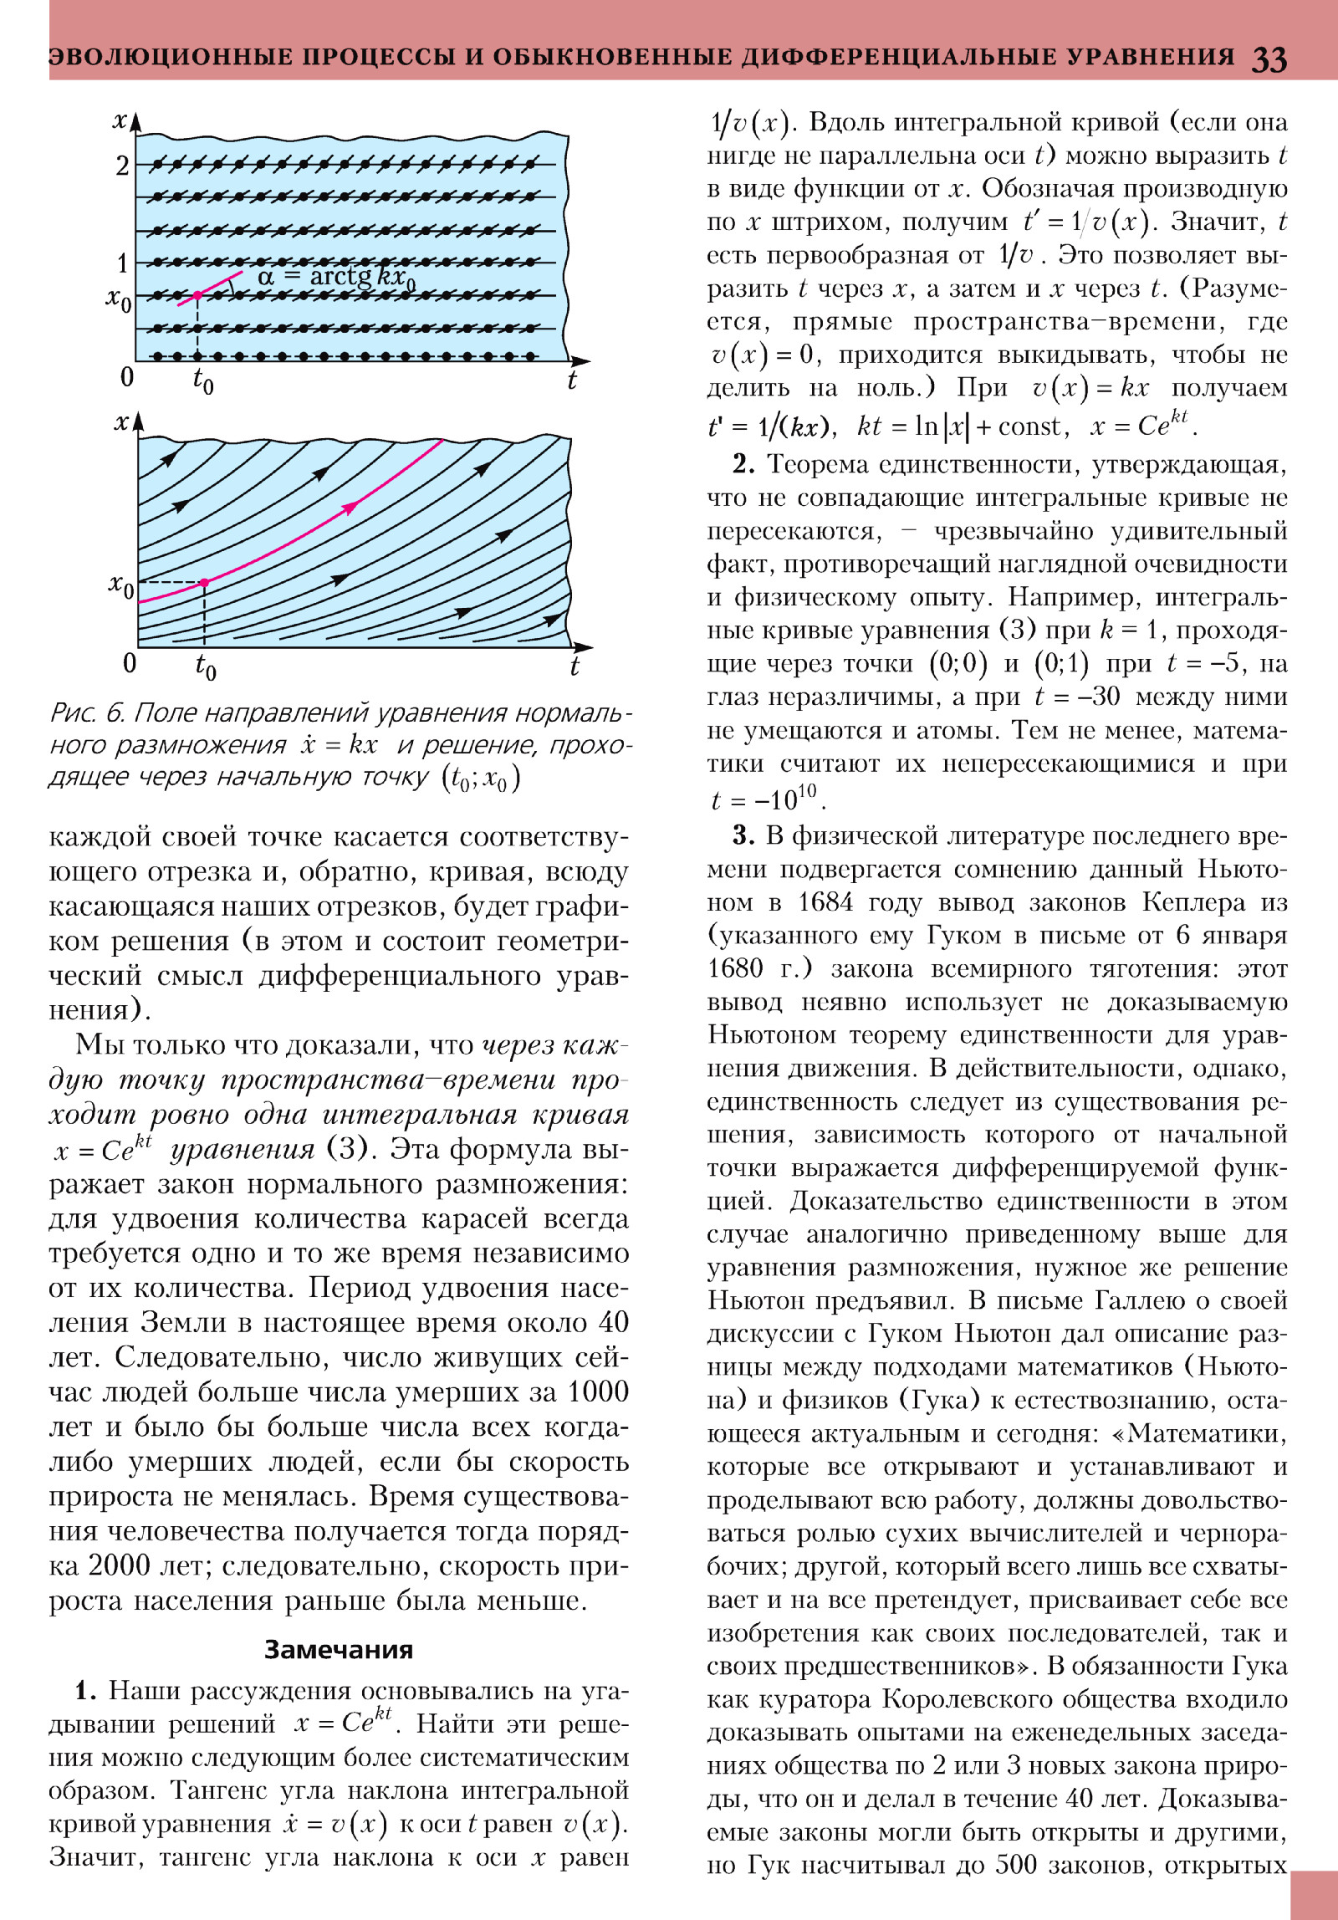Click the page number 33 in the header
click(x=1269, y=59)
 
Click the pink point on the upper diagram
click(x=197, y=295)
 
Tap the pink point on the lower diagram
click(x=204, y=582)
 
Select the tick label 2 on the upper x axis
click(x=122, y=166)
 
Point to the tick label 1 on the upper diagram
click(x=122, y=263)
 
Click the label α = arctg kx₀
click(x=336, y=276)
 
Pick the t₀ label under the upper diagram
click(x=203, y=381)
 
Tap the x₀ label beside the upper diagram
click(x=119, y=298)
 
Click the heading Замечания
click(x=339, y=1650)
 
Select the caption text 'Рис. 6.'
click(x=86, y=712)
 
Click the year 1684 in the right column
click(x=825, y=902)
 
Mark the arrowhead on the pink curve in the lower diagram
click(x=351, y=506)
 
